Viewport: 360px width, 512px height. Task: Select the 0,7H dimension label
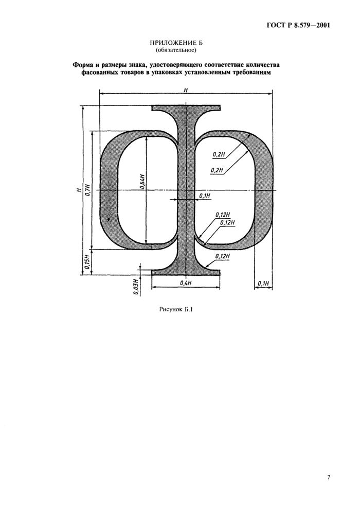(x=87, y=190)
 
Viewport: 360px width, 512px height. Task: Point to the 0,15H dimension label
(x=87, y=261)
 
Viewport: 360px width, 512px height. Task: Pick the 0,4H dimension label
(x=185, y=283)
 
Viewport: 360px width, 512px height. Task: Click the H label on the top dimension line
(x=185, y=90)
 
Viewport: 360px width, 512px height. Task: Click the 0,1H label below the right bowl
(x=263, y=283)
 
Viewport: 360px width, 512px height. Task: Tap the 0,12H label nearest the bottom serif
(x=223, y=256)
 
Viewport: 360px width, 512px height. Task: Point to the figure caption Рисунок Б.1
(x=176, y=310)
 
